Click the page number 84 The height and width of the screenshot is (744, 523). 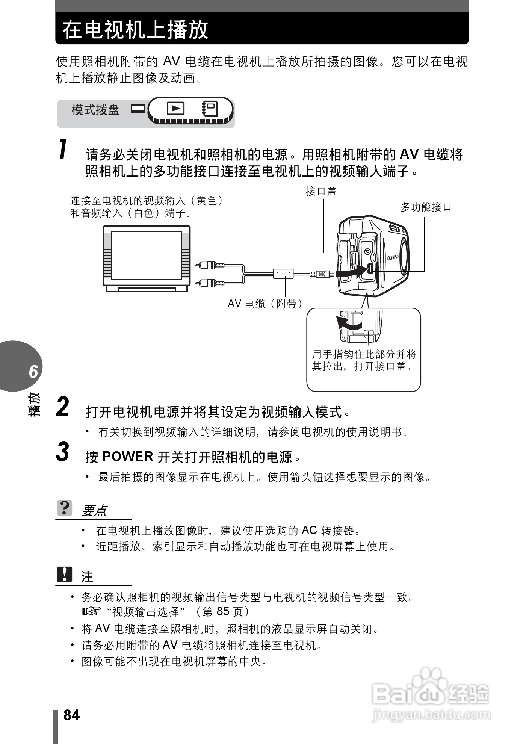pos(71,715)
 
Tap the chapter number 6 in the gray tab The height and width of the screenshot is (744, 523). pos(33,371)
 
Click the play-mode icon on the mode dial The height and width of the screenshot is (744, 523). pos(175,109)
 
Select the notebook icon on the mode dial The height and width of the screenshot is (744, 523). pos(209,109)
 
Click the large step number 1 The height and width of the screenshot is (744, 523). pos(63,149)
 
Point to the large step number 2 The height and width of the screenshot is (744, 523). pos(62,407)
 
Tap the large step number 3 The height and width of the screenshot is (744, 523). pos(62,452)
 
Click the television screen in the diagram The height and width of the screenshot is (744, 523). pos(147,256)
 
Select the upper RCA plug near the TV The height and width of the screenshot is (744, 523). pos(210,265)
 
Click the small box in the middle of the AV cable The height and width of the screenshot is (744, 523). pos(283,274)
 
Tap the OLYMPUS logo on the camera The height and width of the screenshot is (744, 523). pos(393,257)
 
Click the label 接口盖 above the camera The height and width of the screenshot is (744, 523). pos(321,192)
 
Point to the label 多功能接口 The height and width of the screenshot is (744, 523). pos(425,207)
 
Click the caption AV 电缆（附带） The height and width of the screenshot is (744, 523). pos(265,304)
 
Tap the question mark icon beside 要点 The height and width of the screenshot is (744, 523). pos(65,508)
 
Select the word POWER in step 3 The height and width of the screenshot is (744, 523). pos(127,457)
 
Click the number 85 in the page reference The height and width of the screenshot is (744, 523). pos(223,611)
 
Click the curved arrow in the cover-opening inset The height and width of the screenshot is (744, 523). pos(348,324)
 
